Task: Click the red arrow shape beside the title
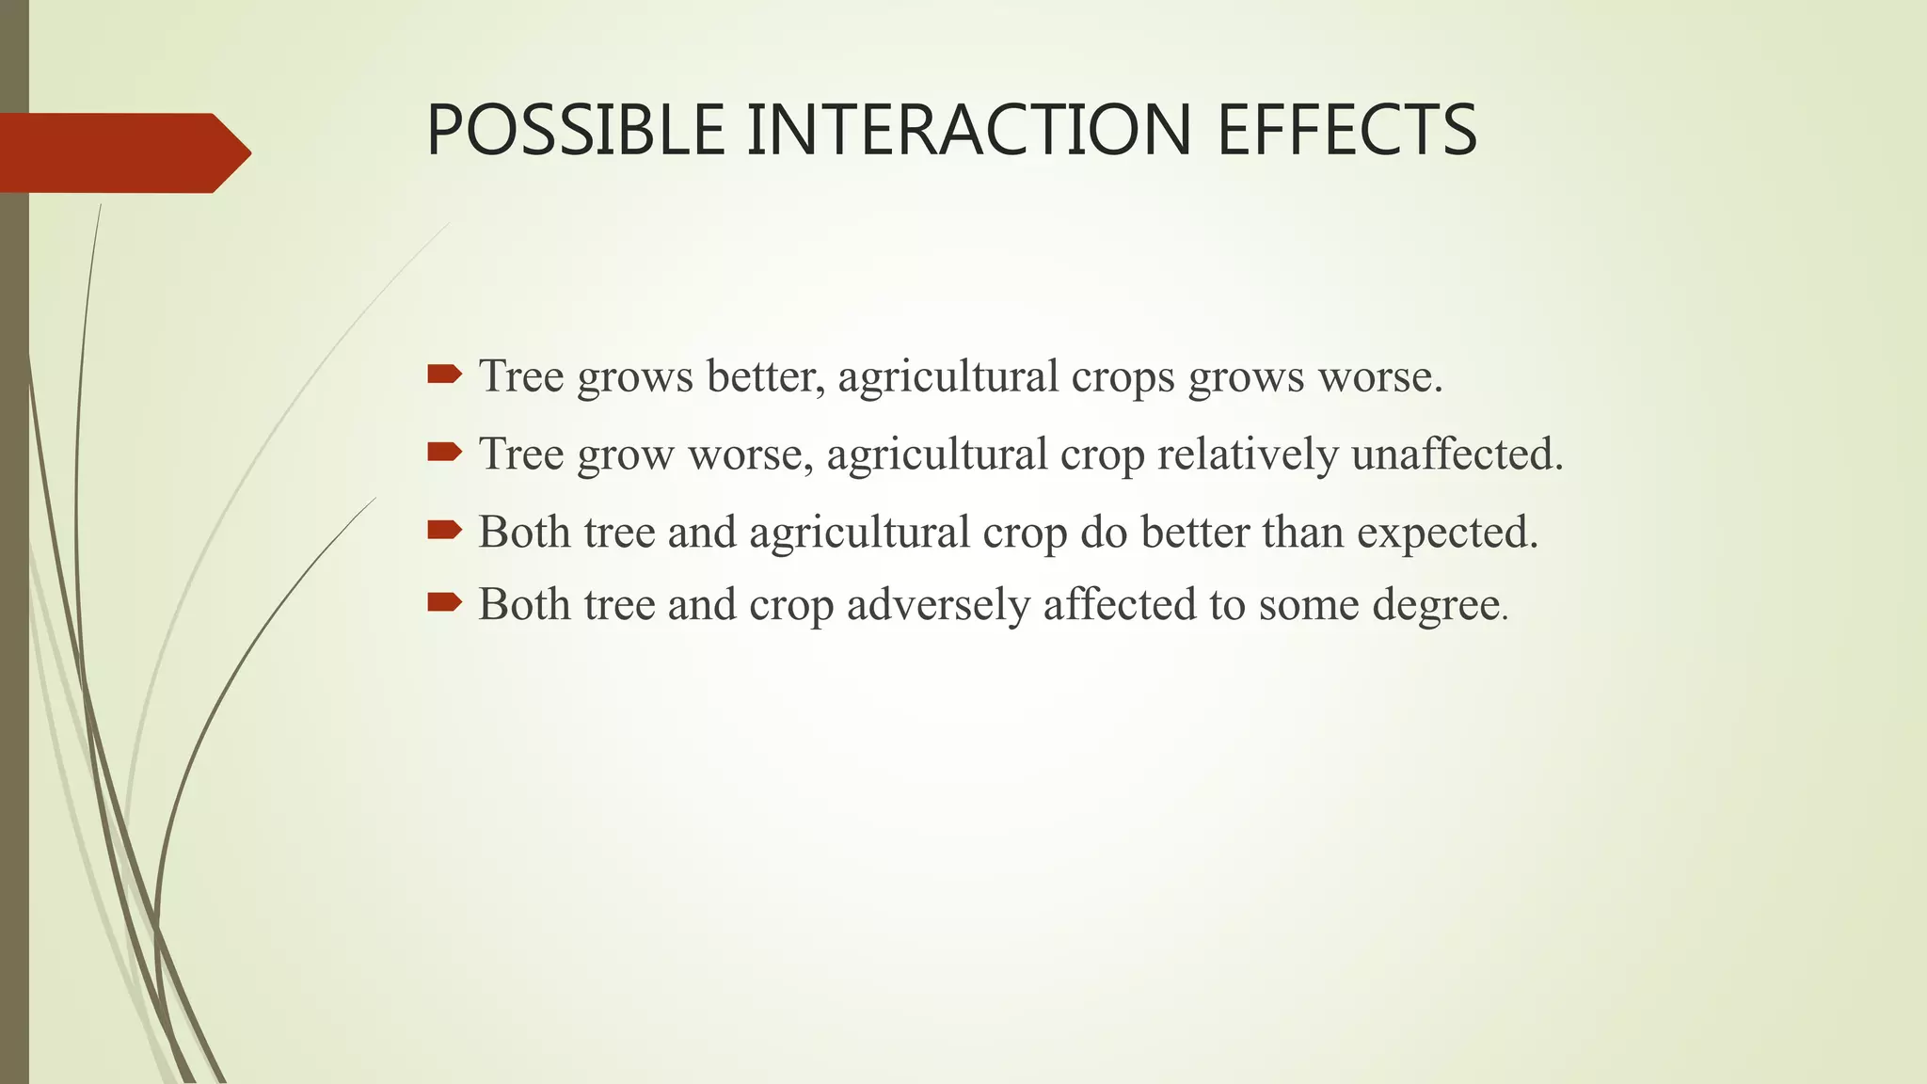pos(122,152)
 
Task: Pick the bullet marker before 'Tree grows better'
pos(444,375)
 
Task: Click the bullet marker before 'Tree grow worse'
pos(444,453)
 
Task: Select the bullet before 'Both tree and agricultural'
pos(444,531)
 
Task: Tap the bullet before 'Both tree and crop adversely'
pos(444,602)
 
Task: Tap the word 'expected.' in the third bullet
pos(1447,534)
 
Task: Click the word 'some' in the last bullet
pos(1309,604)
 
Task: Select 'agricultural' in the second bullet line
pos(937,455)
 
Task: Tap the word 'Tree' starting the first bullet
pos(521,376)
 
